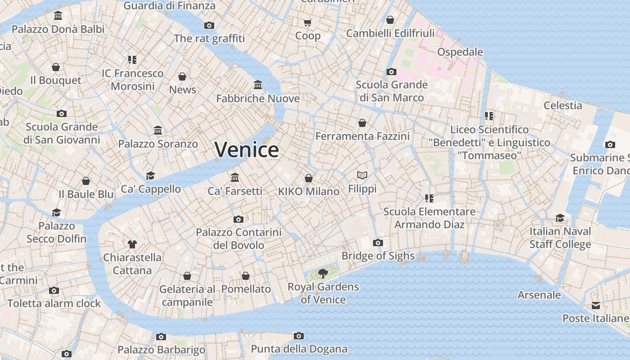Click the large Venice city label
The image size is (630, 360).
pos(247,149)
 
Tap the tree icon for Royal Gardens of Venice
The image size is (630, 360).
pos(323,273)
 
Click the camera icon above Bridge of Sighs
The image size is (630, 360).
pos(378,243)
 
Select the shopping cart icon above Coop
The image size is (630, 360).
pos(308,22)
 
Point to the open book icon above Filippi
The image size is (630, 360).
pos(362,175)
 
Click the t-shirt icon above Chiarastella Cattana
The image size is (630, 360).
pos(132,244)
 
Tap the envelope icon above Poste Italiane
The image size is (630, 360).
pos(596,306)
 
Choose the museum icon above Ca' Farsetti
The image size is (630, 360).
pos(234,177)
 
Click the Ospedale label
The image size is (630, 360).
pos(460,52)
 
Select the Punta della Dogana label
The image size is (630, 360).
pos(299,349)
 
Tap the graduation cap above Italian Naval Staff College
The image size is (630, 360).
pos(560,218)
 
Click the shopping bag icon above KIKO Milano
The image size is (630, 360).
pos(308,178)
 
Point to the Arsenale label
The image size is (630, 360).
pos(539,295)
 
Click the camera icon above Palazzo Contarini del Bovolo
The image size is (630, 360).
pos(238,219)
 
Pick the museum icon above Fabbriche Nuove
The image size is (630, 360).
pos(258,85)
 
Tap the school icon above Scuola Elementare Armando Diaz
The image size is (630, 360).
pos(429,198)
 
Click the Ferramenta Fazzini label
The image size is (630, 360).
pos(362,136)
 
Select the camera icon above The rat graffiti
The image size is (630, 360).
pos(209,25)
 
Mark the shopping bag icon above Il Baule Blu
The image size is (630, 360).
pos(86,181)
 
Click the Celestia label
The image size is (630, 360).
pos(562,105)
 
